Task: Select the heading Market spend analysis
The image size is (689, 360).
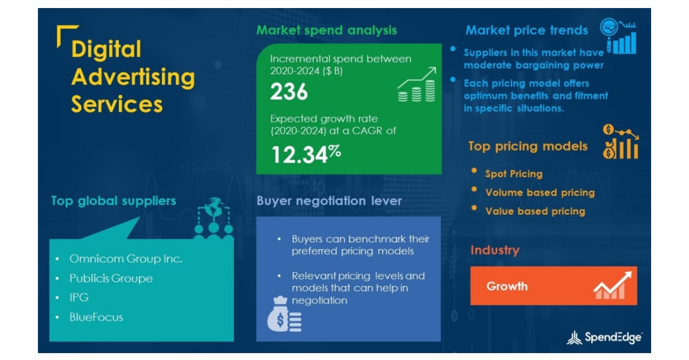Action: pos(326,30)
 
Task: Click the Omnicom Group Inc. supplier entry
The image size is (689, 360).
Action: pos(126,259)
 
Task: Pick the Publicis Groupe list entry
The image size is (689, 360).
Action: pos(111,278)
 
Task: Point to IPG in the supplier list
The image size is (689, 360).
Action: pos(79,297)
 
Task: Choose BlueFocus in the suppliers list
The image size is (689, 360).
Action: pos(96,317)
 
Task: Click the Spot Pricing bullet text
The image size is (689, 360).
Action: pos(513,173)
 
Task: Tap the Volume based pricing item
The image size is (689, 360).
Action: pos(540,192)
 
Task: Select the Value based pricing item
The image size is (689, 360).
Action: pos(535,211)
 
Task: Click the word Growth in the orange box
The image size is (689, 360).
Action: pos(507,286)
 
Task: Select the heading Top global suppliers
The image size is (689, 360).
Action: pos(113,201)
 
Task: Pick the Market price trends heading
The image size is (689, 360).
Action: pos(527,30)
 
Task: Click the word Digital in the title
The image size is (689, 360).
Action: pos(106,49)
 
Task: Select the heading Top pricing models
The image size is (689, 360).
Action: pos(528,146)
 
